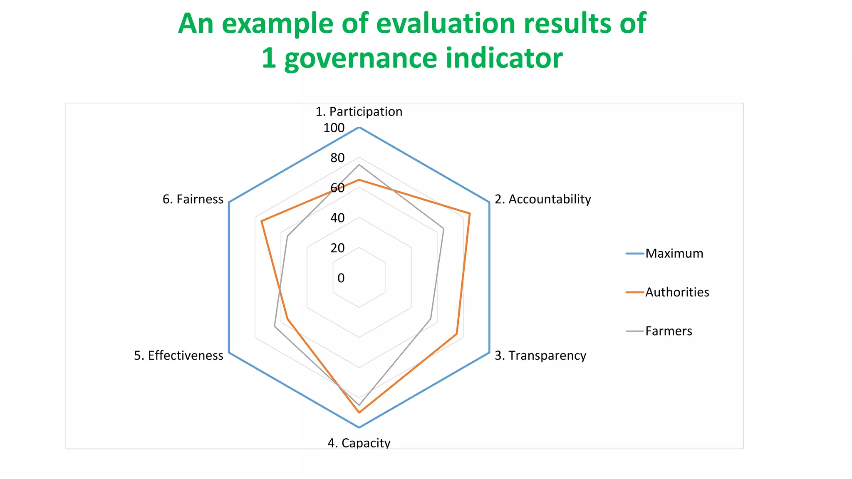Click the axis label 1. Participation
click(359, 111)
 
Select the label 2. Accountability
click(542, 199)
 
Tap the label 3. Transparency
click(540, 356)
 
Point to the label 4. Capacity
click(359, 442)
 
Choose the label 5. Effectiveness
click(178, 356)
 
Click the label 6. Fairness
click(193, 199)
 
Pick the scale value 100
click(334, 128)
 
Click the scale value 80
click(337, 158)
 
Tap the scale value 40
click(337, 218)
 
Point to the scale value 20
click(337, 248)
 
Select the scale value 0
click(341, 278)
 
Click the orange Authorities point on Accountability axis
click(470, 214)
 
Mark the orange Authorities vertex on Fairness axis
click(261, 221)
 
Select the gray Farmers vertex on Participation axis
click(359, 165)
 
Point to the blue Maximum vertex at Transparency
click(489, 353)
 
